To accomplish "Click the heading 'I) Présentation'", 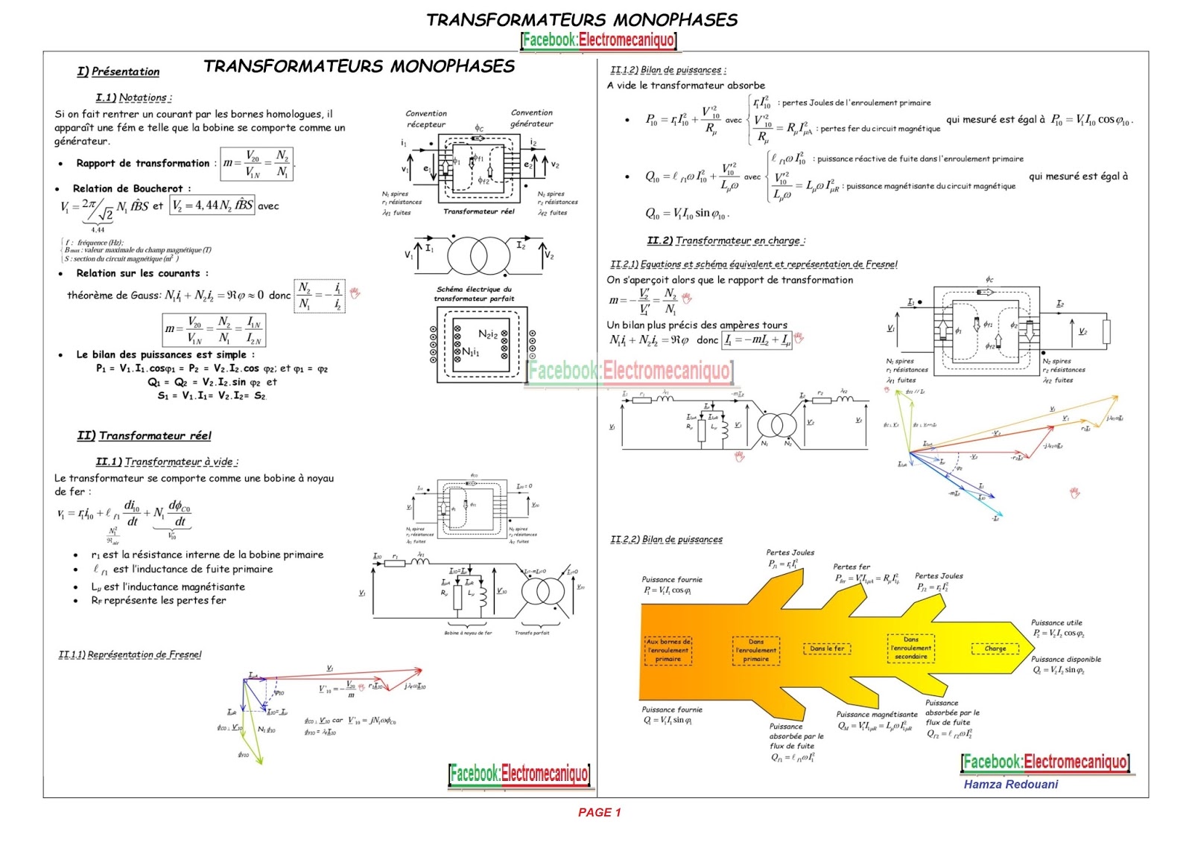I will (x=118, y=71).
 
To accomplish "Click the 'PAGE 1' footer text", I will (x=599, y=812).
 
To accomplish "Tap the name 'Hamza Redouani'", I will (x=1010, y=784).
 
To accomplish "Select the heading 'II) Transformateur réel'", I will (x=144, y=436).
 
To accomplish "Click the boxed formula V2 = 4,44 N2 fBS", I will (x=212, y=205).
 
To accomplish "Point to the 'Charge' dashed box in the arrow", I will (x=995, y=648).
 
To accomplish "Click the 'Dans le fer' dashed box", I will (x=827, y=648).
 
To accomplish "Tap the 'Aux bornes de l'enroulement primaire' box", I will (x=668, y=650).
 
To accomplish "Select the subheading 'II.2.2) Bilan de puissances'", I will (x=666, y=539).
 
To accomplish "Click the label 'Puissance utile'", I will (x=1056, y=622).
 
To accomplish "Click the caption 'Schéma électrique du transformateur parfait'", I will (x=474, y=293).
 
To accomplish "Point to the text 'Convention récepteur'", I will (x=426, y=118).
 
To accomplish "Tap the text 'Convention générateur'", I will (x=531, y=118).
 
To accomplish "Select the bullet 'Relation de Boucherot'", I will (x=131, y=188).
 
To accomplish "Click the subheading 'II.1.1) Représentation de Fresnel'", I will (x=130, y=654).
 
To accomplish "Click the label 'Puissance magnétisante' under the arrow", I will (x=877, y=714).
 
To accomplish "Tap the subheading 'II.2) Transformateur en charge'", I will (x=726, y=240).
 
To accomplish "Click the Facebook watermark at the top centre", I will (x=599, y=39).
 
